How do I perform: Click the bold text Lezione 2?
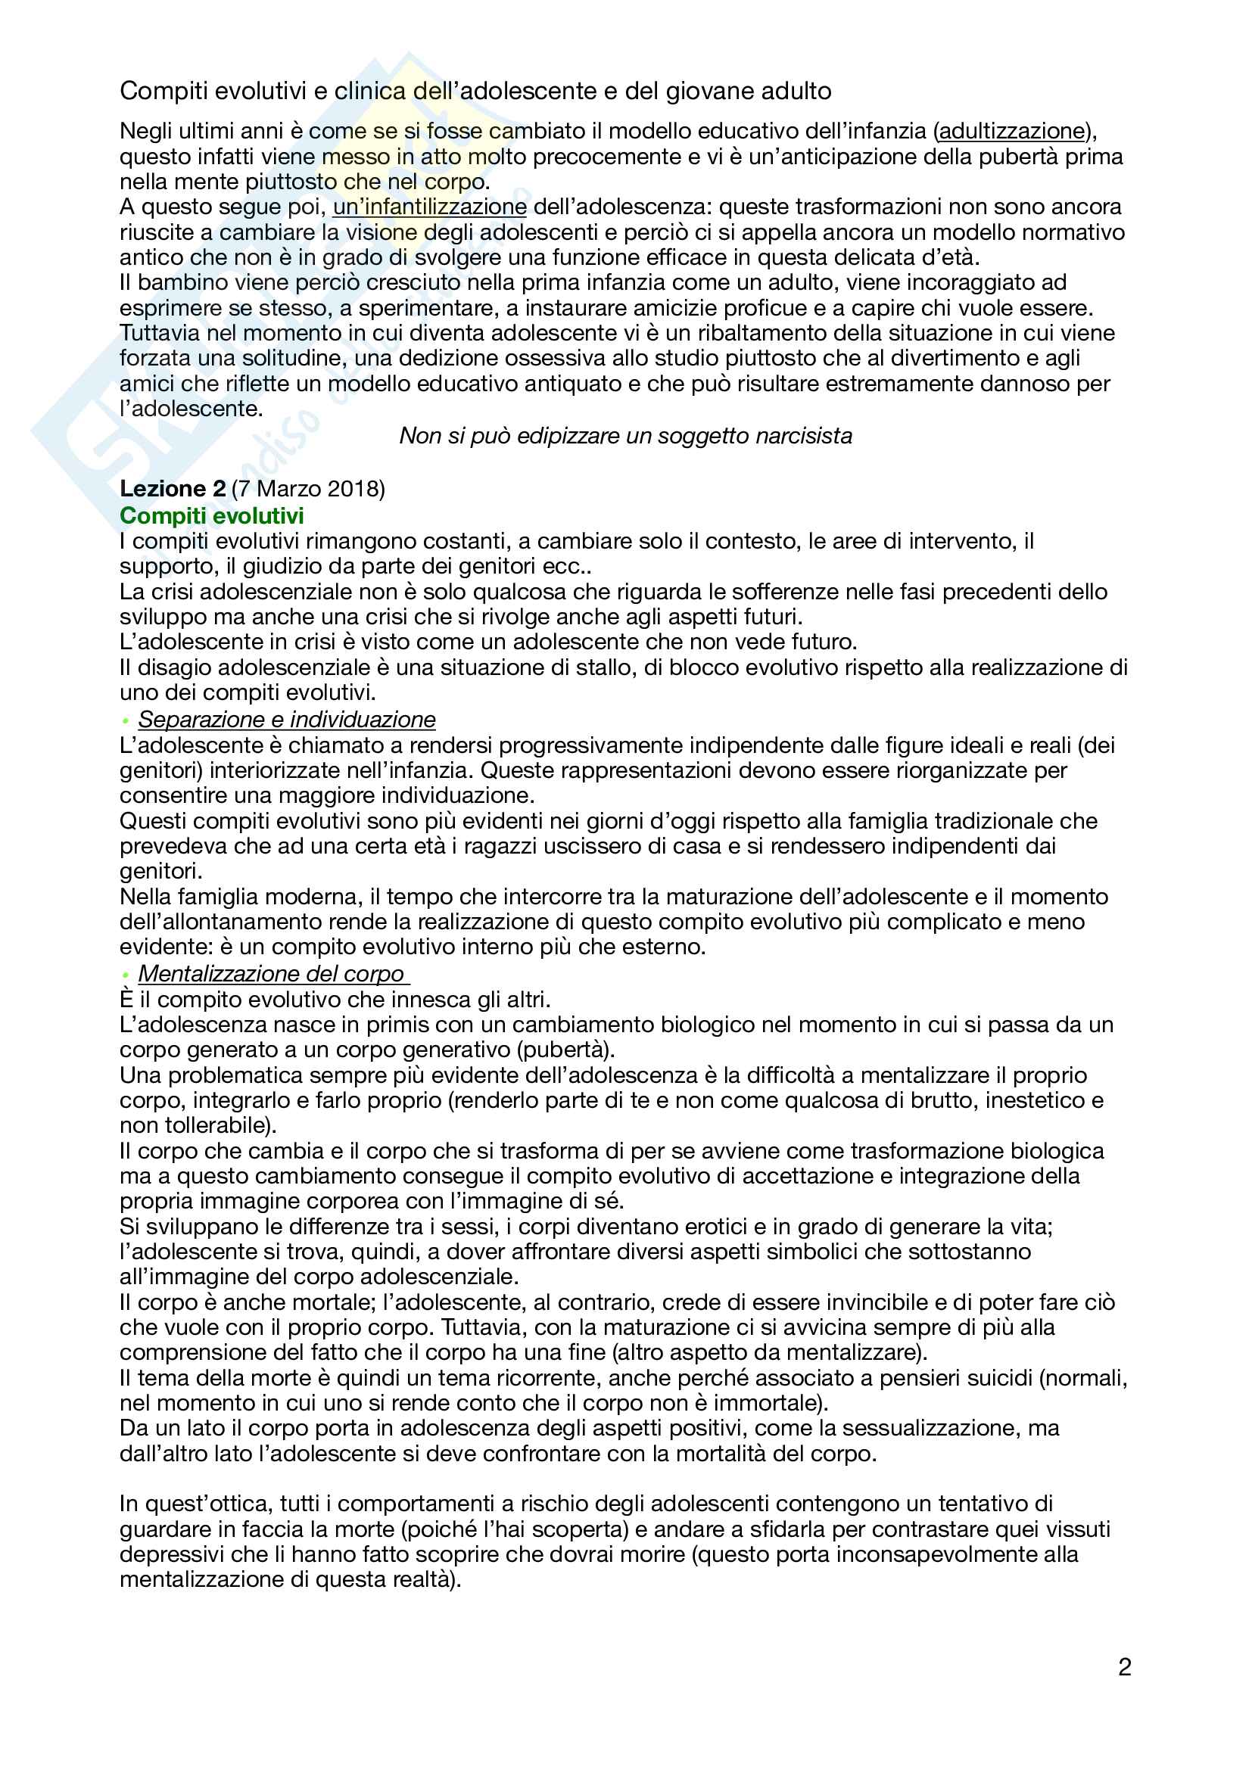pos(172,489)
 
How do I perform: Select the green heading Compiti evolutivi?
pos(211,516)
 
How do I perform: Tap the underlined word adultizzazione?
pos(1011,131)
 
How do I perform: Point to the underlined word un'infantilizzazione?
pos(429,207)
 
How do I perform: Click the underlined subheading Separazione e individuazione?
pos(287,719)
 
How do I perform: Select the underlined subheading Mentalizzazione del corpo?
pos(272,974)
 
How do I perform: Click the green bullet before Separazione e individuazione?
pos(125,721)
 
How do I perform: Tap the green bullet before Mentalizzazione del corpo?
pos(125,975)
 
